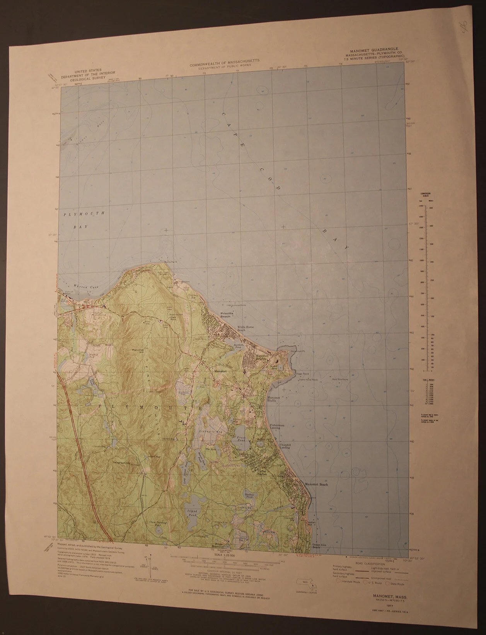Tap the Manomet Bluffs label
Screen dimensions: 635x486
click(274, 399)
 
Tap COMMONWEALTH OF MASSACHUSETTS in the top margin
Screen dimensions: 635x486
click(224, 61)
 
